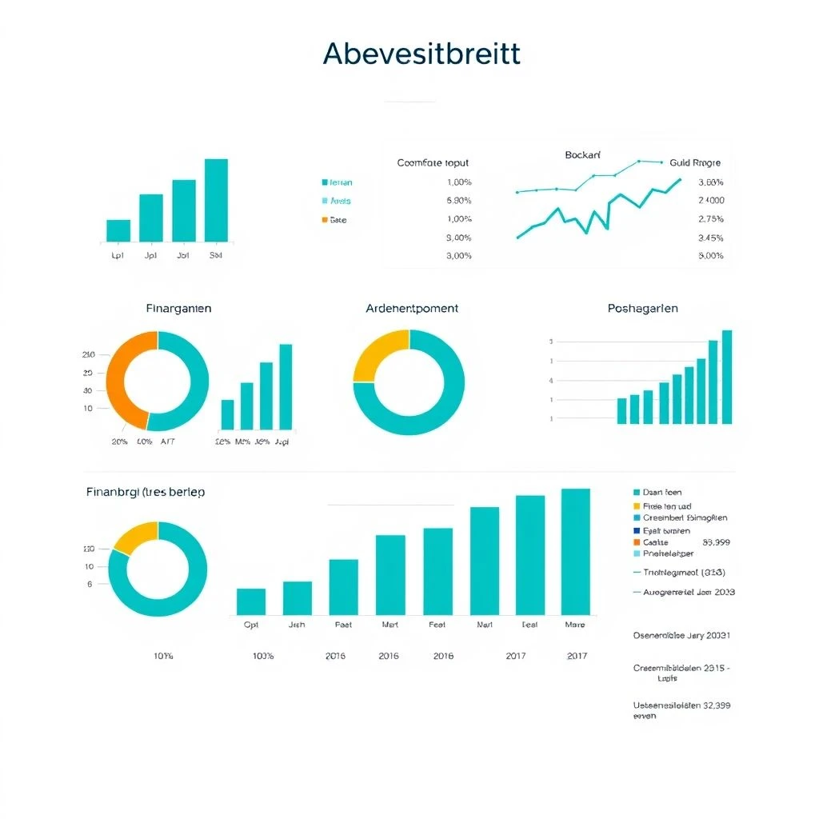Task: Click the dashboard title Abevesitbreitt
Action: point(421,54)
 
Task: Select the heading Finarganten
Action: point(179,308)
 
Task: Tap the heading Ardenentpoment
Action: point(412,308)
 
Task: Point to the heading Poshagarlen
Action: point(643,308)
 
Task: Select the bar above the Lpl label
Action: point(118,230)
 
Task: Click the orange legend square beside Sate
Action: point(325,220)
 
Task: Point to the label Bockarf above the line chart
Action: point(582,154)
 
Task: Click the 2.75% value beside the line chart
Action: point(710,219)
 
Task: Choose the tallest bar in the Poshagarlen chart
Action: point(727,377)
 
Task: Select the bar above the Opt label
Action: point(251,601)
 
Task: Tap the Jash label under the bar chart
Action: point(297,625)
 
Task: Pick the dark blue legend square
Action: point(637,530)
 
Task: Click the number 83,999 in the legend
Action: point(716,542)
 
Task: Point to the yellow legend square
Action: point(637,505)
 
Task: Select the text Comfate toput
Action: point(433,162)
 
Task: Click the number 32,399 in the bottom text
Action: point(713,705)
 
